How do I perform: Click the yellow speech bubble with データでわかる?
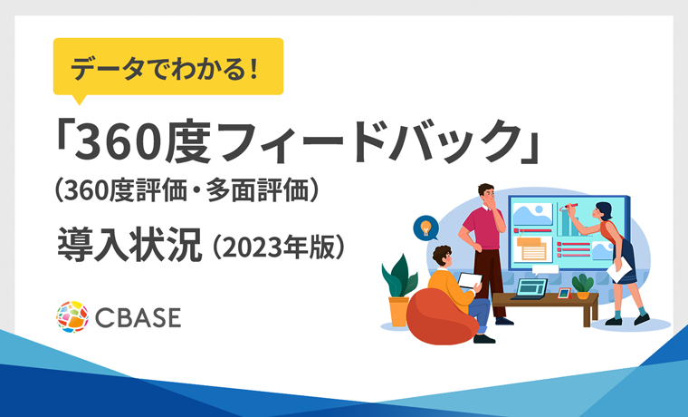tap(168, 67)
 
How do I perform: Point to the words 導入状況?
tap(127, 245)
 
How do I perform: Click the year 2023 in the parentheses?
tap(251, 247)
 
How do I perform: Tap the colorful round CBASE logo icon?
tap(72, 316)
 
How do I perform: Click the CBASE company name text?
tap(137, 317)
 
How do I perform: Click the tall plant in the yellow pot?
tap(398, 286)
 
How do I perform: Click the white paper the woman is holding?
tap(620, 267)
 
